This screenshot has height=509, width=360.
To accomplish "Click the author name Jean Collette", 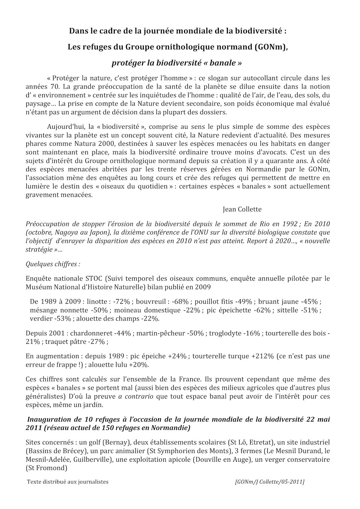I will click(242, 209).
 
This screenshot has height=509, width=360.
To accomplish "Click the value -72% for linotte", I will click(122, 301).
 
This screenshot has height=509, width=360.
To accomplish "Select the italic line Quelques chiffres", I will click(53, 264).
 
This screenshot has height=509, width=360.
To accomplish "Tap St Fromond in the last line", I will click(47, 468).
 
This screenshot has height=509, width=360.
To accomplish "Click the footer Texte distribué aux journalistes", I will click(68, 482).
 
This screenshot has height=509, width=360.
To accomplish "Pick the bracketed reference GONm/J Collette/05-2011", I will click(270, 482).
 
